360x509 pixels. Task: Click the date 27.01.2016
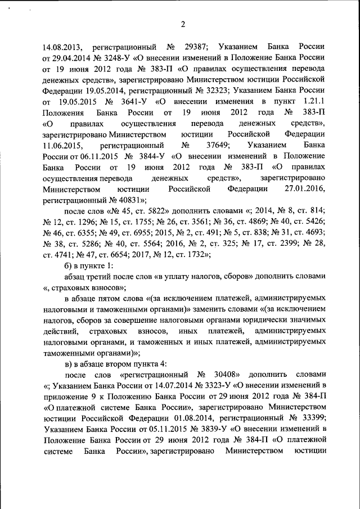(305, 190)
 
